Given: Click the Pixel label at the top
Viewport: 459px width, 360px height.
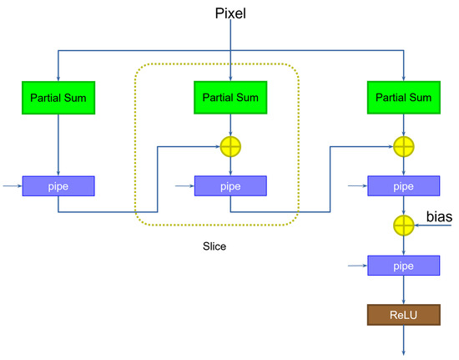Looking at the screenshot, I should (230, 15).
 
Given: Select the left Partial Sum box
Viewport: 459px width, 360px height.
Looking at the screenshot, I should (58, 99).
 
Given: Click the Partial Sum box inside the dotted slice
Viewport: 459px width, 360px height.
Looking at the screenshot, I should (230, 99).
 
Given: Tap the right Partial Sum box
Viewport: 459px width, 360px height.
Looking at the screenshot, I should (404, 99).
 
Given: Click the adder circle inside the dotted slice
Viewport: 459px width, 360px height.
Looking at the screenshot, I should (230, 147).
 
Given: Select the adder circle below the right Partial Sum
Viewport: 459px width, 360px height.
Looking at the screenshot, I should (404, 147).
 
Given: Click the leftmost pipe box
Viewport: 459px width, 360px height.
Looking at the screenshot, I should (58, 185).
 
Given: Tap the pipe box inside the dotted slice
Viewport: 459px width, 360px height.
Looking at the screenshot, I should (230, 185).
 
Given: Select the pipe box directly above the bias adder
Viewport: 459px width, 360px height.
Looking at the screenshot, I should (404, 185).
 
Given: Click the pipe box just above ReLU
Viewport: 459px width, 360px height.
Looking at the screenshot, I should (404, 266).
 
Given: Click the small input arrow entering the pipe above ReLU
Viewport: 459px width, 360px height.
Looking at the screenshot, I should (358, 266).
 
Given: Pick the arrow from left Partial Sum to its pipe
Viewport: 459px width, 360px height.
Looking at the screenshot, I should (58, 144).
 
